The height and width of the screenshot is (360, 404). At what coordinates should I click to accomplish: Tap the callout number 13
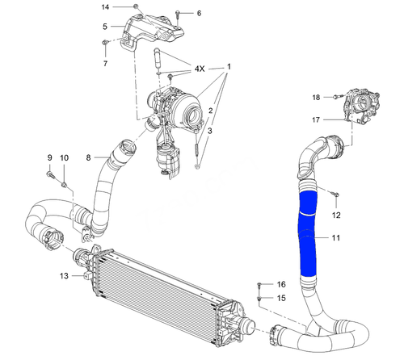pyautogui.click(x=64, y=276)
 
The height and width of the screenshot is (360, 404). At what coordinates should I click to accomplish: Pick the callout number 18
pyautogui.click(x=317, y=97)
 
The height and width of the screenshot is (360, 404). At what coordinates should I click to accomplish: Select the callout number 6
pyautogui.click(x=200, y=14)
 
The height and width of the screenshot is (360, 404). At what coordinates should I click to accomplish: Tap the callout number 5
pyautogui.click(x=105, y=26)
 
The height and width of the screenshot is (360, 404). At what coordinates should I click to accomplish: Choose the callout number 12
pyautogui.click(x=337, y=215)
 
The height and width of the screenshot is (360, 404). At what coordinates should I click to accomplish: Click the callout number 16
pyautogui.click(x=281, y=285)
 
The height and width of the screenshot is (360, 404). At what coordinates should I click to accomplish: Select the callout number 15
pyautogui.click(x=281, y=299)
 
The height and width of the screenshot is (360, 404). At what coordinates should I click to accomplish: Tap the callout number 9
pyautogui.click(x=49, y=157)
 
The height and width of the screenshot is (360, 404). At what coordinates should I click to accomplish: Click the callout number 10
pyautogui.click(x=65, y=157)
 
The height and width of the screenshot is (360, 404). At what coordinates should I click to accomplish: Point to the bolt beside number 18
pyautogui.click(x=334, y=97)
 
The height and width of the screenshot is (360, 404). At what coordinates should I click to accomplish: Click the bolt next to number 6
pyautogui.click(x=179, y=14)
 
